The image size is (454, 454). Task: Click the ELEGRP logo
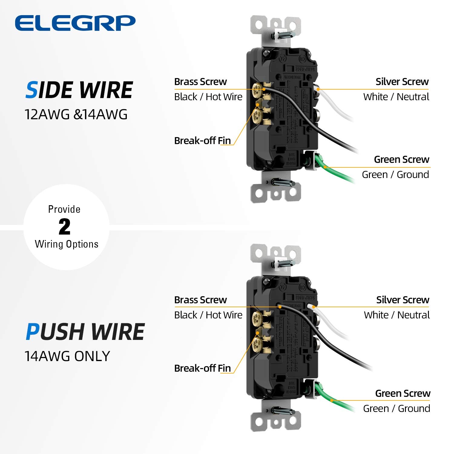(x=75, y=23)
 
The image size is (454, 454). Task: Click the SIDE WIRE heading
(x=79, y=90)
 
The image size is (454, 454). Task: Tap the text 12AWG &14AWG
(x=76, y=115)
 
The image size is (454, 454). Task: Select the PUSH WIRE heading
(x=85, y=332)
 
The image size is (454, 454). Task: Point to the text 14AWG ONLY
(x=67, y=356)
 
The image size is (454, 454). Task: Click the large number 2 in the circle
(x=64, y=227)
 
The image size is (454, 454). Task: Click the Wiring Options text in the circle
(x=67, y=244)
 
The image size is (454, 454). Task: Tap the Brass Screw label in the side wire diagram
(x=200, y=82)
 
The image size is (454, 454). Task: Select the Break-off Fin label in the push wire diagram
(x=202, y=368)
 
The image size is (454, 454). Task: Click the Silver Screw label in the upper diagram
(x=402, y=82)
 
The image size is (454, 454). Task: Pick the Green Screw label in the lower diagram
(x=403, y=393)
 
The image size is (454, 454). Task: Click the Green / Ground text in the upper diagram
(x=395, y=175)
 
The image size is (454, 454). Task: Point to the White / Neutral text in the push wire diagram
(x=396, y=315)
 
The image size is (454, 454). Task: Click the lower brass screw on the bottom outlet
(x=258, y=344)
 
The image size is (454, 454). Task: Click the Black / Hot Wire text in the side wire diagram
(x=208, y=97)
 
